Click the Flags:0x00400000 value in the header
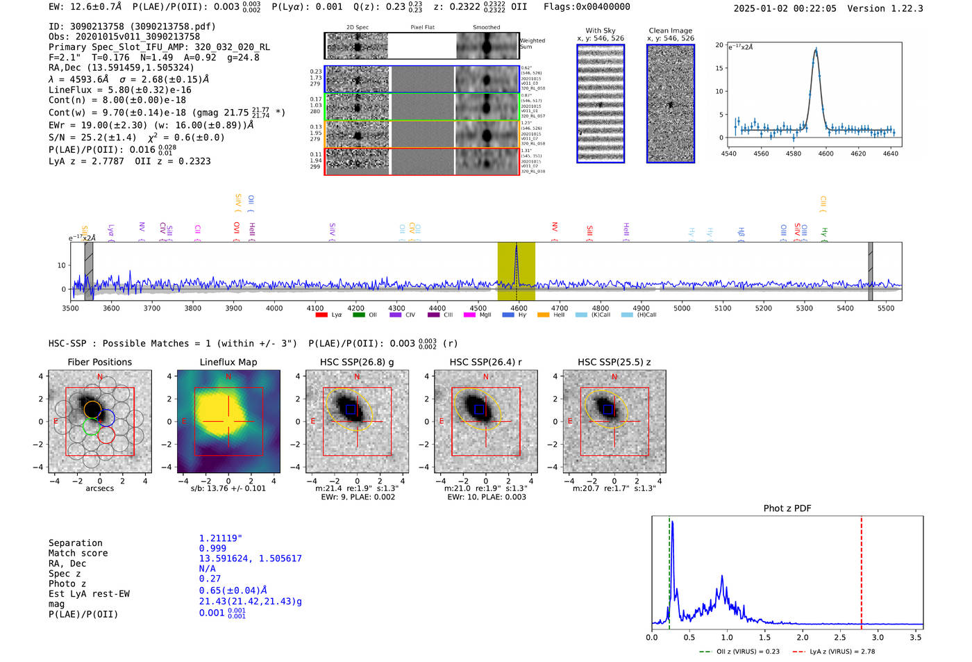(x=587, y=7)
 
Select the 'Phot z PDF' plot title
(x=787, y=508)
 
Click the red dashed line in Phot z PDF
(x=862, y=570)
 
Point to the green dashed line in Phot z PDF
(x=669, y=570)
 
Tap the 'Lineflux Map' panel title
(x=228, y=362)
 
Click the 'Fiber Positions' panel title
(x=99, y=362)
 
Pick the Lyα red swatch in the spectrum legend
(x=321, y=315)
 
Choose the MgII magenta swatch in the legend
(x=469, y=315)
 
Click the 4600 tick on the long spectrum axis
(x=519, y=308)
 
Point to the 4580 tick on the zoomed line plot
(x=794, y=154)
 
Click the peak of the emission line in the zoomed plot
(x=816, y=50)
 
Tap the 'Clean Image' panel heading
(x=670, y=31)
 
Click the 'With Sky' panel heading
(x=601, y=31)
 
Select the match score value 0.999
(x=212, y=548)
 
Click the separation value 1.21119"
(x=220, y=538)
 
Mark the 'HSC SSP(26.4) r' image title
(x=485, y=362)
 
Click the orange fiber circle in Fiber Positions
(x=93, y=409)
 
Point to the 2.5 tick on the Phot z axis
(x=840, y=637)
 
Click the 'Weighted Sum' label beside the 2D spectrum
(x=533, y=44)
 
